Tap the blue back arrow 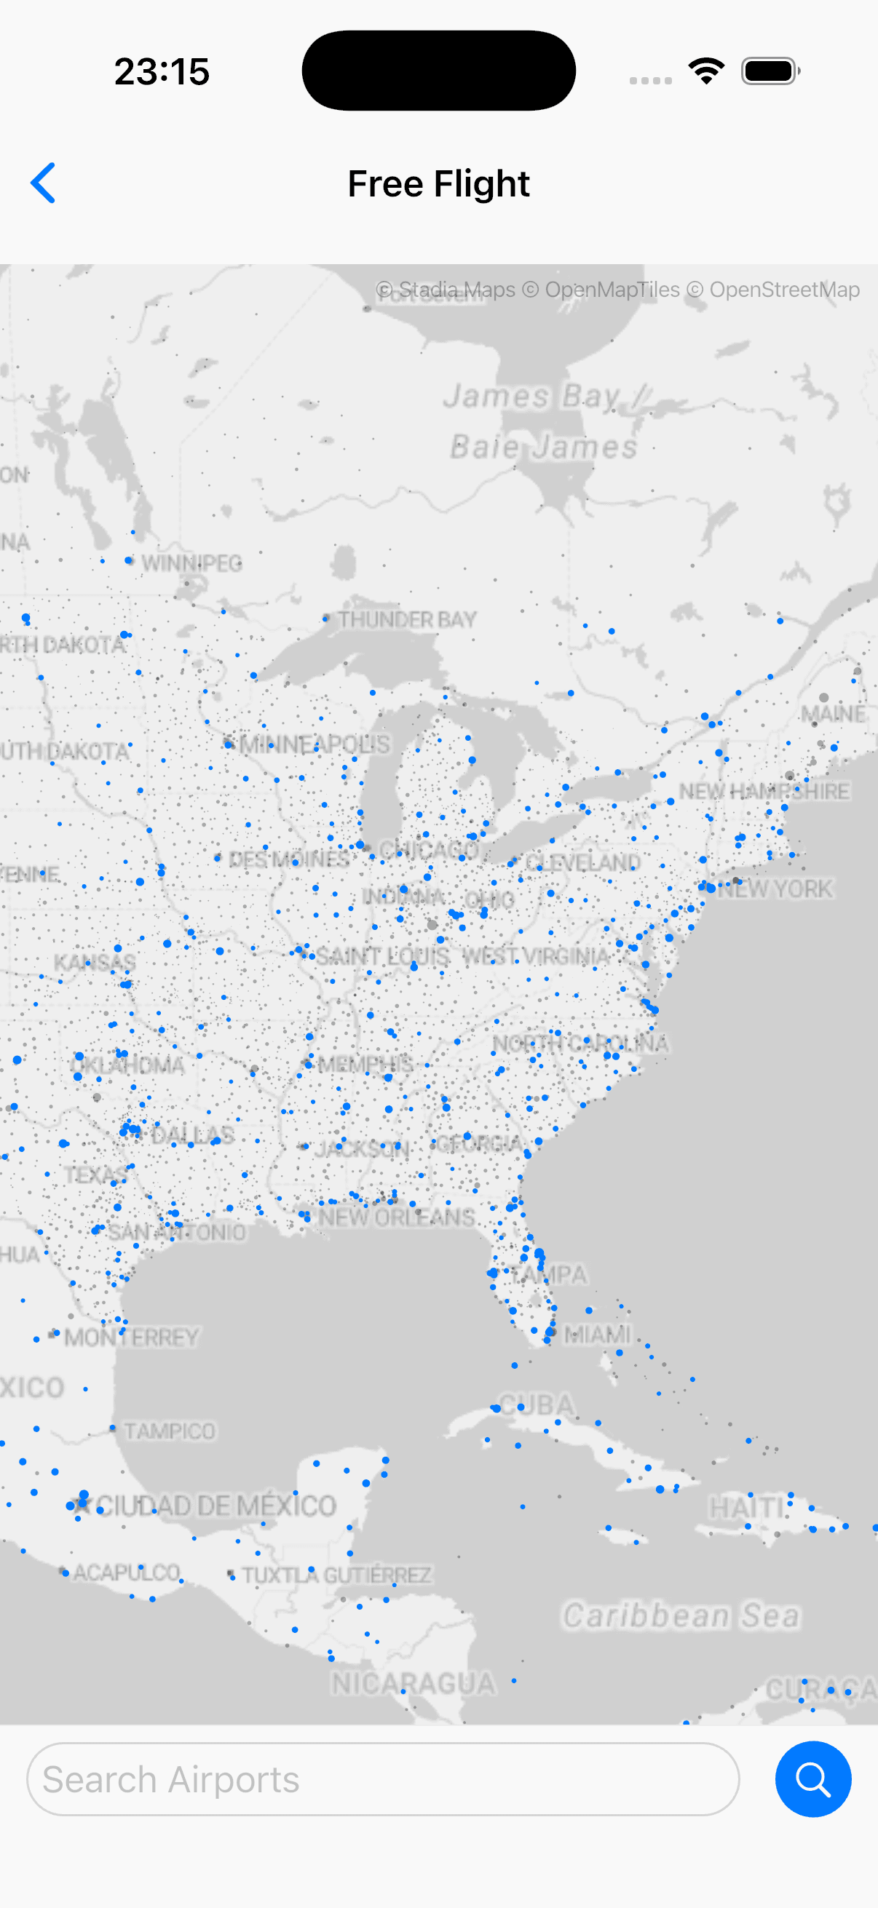tap(43, 183)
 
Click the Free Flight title tap(438, 183)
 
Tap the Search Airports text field tap(382, 1779)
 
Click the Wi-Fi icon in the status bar tap(705, 71)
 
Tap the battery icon tap(770, 71)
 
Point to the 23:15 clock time tap(162, 72)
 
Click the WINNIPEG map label tap(191, 563)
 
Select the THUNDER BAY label tap(407, 619)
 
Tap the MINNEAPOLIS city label tap(315, 744)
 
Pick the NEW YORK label tap(775, 889)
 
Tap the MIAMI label tap(597, 1335)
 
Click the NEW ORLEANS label tap(396, 1217)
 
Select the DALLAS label tap(193, 1134)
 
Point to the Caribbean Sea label tap(681, 1615)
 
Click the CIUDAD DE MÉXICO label tap(215, 1506)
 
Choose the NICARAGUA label tap(413, 1685)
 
